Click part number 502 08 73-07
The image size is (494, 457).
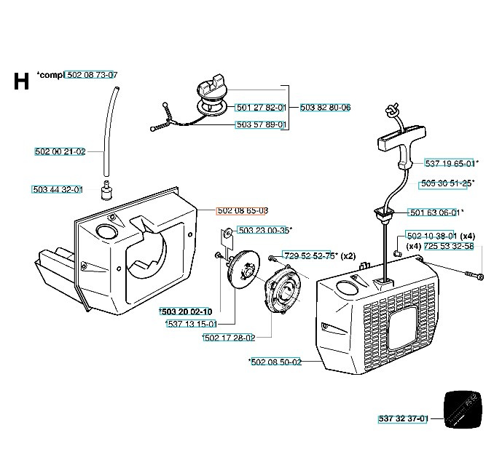click(x=92, y=75)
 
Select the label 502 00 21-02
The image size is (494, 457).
click(x=60, y=151)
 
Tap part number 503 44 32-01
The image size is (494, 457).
click(x=58, y=189)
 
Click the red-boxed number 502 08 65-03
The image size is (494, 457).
click(x=243, y=210)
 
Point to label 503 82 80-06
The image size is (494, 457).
click(x=325, y=107)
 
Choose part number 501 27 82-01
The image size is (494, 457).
click(x=261, y=107)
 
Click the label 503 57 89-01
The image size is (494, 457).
click(x=261, y=124)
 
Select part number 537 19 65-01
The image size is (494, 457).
click(x=450, y=163)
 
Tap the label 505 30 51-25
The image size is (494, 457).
click(x=446, y=183)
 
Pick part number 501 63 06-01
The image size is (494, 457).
click(x=434, y=212)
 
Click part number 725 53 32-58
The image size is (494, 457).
click(x=449, y=247)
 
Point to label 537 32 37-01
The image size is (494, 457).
click(x=404, y=418)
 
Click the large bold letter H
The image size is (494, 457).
click(x=21, y=82)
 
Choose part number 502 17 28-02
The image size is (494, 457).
click(x=230, y=338)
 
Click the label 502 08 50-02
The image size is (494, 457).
click(x=275, y=362)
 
